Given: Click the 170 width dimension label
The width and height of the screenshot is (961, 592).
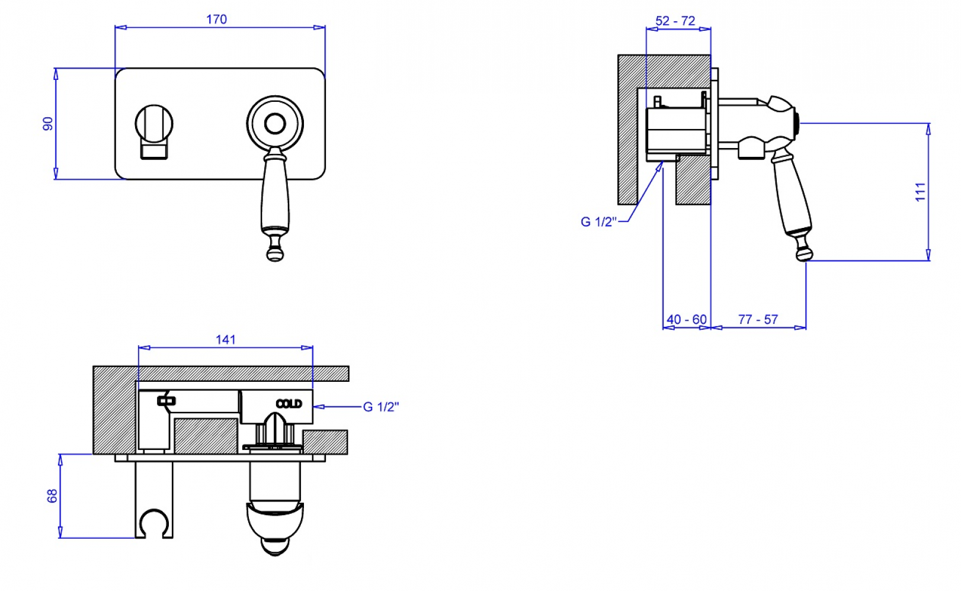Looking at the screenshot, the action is click(x=216, y=20).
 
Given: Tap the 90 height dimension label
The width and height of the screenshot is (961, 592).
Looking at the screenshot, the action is click(x=47, y=124).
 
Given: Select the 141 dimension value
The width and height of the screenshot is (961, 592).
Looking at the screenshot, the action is click(x=226, y=339).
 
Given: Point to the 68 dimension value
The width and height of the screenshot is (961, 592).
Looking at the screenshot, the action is click(x=52, y=496).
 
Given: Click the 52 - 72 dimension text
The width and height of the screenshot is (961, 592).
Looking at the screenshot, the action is click(x=675, y=21).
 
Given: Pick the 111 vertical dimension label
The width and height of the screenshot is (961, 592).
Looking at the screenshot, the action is click(x=920, y=192).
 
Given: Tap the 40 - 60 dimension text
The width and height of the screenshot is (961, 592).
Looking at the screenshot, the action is click(x=687, y=319).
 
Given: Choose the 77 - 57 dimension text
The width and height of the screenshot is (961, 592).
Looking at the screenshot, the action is click(x=758, y=319).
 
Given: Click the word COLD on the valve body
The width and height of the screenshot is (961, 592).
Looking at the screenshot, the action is click(x=289, y=404).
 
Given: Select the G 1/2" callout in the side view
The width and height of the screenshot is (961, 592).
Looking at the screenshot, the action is click(x=598, y=221).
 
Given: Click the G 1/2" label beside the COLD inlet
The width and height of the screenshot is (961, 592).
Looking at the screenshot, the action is click(x=381, y=407).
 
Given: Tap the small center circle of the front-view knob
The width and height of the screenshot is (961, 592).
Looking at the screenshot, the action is click(x=275, y=124).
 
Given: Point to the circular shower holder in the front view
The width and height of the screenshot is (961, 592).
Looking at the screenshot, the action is click(x=154, y=124).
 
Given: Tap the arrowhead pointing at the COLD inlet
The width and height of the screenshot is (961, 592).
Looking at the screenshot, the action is click(x=318, y=407).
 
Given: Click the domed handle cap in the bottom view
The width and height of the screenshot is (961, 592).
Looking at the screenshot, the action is click(x=275, y=529).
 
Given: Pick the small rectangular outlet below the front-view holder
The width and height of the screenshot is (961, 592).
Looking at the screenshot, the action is click(x=154, y=152).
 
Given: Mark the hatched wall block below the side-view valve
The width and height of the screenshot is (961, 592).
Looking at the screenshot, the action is click(x=693, y=179).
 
